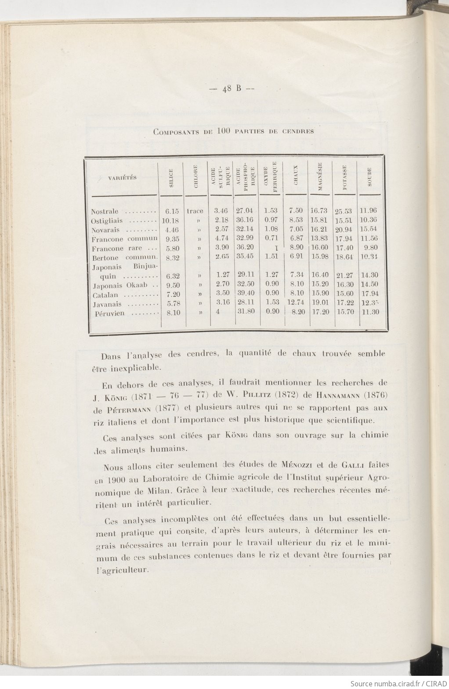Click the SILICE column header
click(171, 178)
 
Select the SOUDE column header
click(370, 176)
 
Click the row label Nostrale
click(105, 212)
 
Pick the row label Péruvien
click(109, 314)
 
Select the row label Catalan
click(105, 295)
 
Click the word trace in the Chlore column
click(195, 211)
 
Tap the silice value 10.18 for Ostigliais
click(170, 220)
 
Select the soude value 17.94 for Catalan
click(369, 293)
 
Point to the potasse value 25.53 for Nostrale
click(344, 212)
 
